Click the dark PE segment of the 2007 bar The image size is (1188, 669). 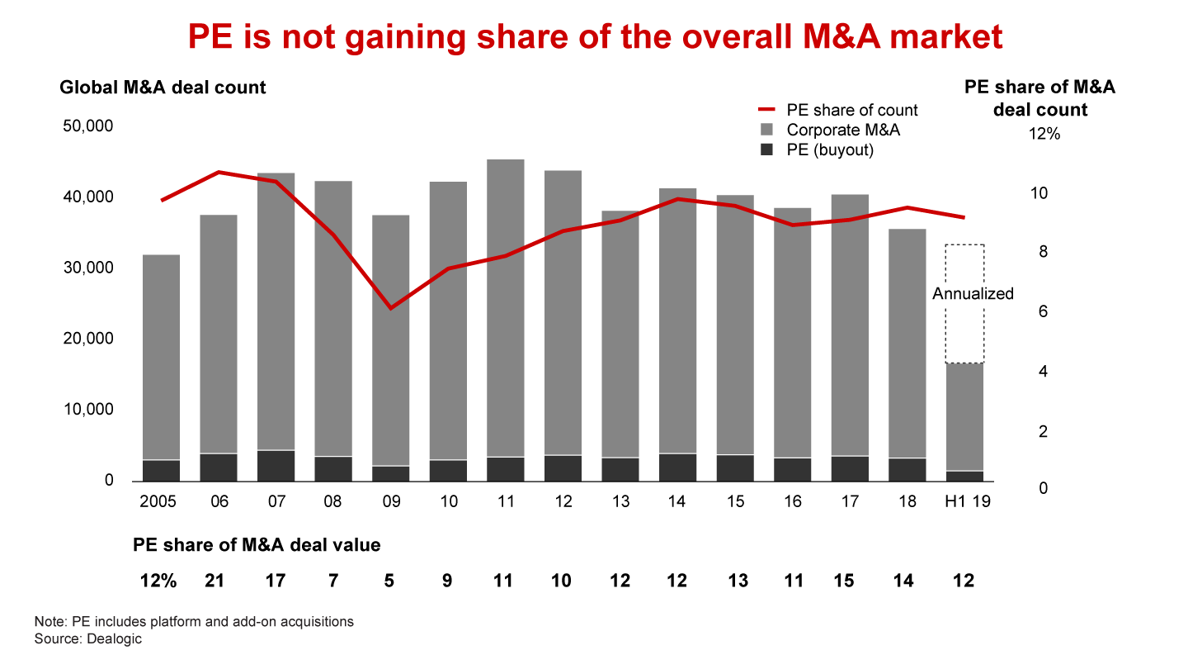[x=276, y=466]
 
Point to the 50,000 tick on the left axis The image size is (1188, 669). [x=87, y=126]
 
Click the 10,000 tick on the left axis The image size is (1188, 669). [x=87, y=410]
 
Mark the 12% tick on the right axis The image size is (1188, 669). [x=1044, y=134]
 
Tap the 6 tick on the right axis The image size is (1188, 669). [x=1043, y=312]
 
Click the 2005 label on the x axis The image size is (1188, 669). [x=159, y=502]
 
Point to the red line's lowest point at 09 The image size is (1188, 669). [x=390, y=308]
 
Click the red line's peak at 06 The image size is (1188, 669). [x=219, y=172]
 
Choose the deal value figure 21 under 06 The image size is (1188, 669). [x=216, y=581]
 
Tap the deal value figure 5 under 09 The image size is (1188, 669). [x=389, y=581]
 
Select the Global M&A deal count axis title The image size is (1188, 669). [x=163, y=87]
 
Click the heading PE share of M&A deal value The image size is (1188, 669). [x=257, y=545]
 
